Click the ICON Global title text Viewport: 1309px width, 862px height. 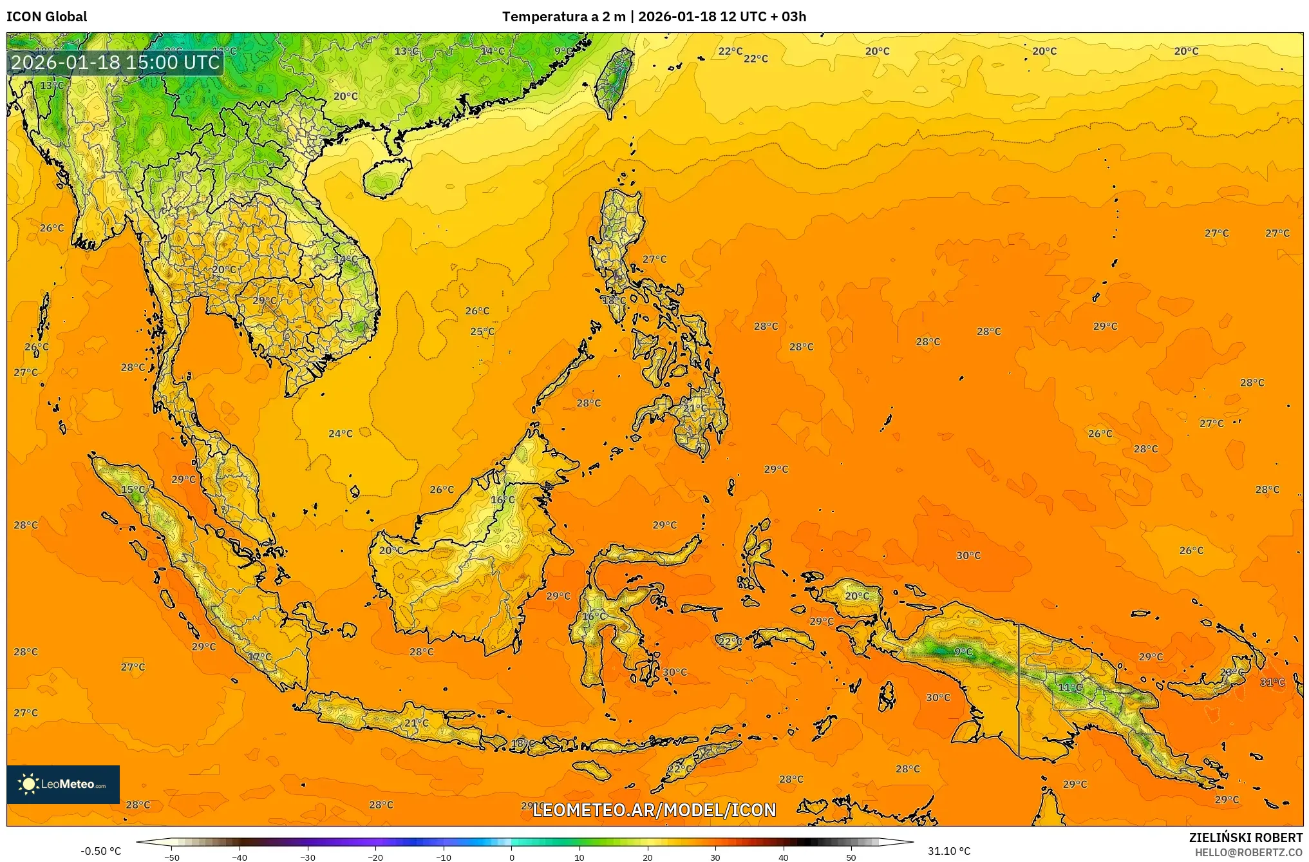tap(46, 17)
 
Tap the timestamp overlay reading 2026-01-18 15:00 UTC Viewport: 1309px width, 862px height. tap(116, 62)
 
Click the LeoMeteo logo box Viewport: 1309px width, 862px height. tap(63, 784)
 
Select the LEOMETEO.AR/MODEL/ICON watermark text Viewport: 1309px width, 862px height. tap(654, 810)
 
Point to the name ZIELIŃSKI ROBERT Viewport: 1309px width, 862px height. tap(1245, 838)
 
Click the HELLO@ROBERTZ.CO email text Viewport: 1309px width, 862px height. tap(1248, 852)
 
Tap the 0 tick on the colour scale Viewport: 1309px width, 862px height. tap(512, 857)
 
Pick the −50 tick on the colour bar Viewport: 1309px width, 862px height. tap(172, 857)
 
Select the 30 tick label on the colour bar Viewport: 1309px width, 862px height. tap(715, 857)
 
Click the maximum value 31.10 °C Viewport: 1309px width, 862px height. tap(948, 851)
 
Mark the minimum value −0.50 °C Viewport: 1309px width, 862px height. tap(100, 851)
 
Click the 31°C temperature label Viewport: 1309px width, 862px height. tap(1272, 682)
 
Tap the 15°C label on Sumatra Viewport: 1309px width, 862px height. tap(133, 490)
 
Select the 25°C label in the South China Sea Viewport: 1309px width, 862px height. tap(482, 332)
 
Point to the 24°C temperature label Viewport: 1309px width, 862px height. tap(341, 434)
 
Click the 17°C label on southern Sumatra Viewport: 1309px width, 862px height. tap(260, 656)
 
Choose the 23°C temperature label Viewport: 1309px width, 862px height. tap(1232, 672)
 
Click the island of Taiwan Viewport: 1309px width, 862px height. tap(613, 81)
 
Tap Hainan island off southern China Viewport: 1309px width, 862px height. tap(387, 177)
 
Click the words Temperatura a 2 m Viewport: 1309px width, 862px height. tap(563, 17)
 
